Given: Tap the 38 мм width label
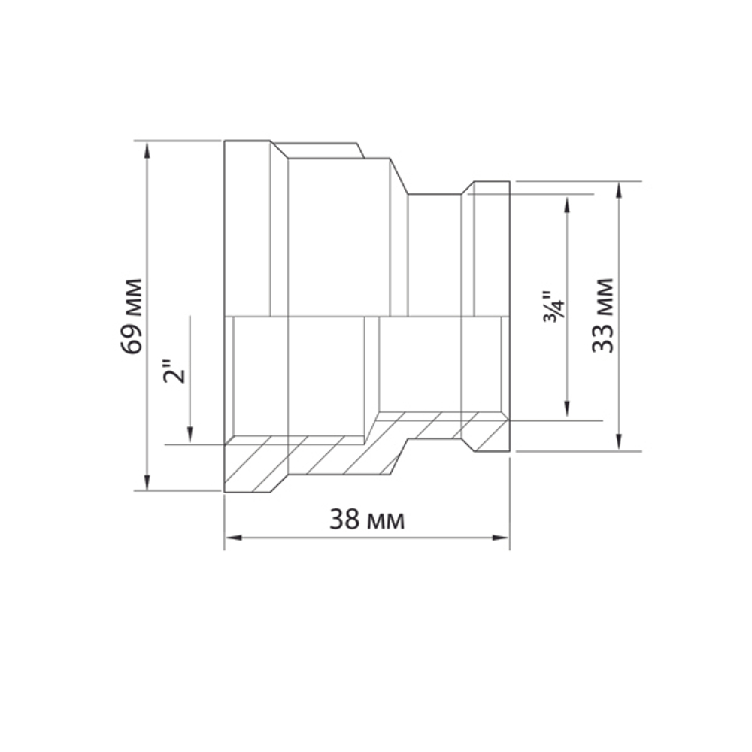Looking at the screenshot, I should coord(366,520).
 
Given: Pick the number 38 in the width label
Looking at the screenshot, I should coord(343,520).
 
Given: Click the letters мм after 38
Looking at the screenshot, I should coord(387,521).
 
